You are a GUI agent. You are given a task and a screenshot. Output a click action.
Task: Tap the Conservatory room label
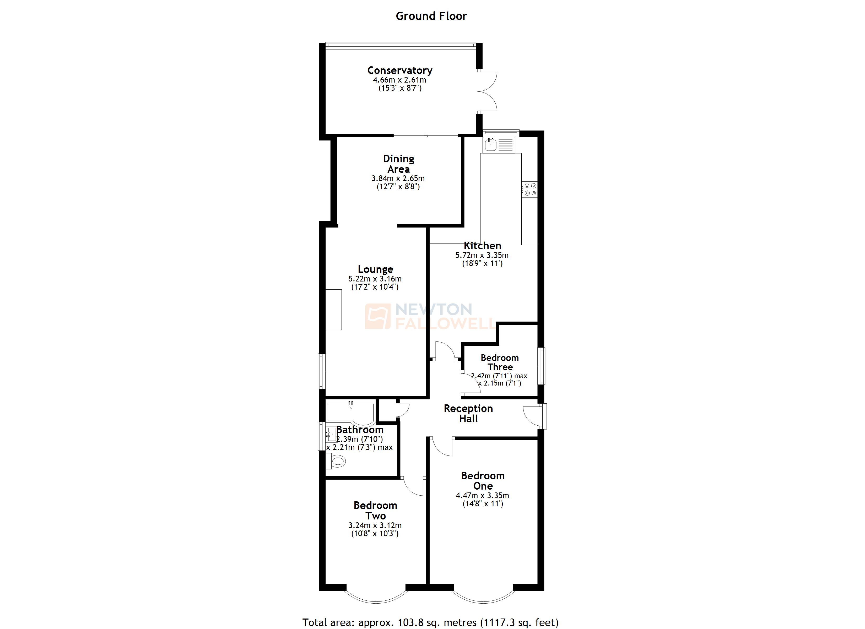(400, 70)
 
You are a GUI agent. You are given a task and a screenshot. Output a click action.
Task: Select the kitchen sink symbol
(490, 145)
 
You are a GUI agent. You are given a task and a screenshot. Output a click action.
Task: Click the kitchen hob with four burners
(530, 189)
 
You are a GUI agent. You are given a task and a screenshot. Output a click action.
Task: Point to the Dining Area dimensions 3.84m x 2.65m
(398, 178)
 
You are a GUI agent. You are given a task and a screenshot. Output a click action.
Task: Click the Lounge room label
(375, 269)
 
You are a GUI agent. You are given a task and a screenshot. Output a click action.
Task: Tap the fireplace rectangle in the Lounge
(333, 309)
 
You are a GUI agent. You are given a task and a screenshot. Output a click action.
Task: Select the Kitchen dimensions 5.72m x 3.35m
(482, 255)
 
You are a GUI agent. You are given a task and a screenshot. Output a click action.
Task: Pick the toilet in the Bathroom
(336, 461)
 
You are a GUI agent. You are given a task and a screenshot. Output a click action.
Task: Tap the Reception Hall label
(468, 414)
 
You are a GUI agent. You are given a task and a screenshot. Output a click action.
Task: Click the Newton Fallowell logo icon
(377, 316)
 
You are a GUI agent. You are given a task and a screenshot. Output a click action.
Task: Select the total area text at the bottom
(430, 622)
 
